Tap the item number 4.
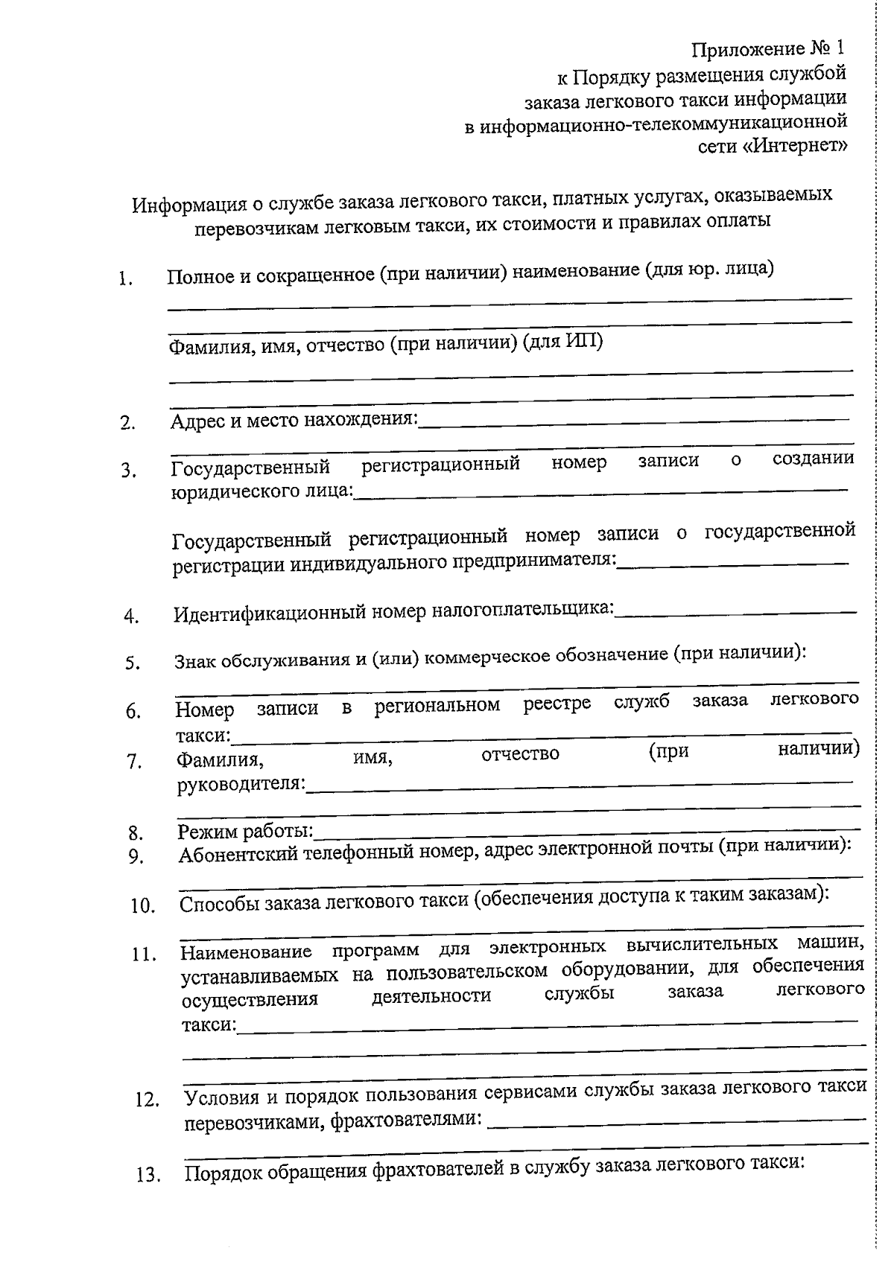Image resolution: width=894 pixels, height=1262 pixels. click(132, 617)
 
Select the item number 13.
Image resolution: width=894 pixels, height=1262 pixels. click(149, 1176)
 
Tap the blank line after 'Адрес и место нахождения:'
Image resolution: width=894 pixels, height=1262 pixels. click(633, 422)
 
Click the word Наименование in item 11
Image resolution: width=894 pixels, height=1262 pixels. click(246, 952)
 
